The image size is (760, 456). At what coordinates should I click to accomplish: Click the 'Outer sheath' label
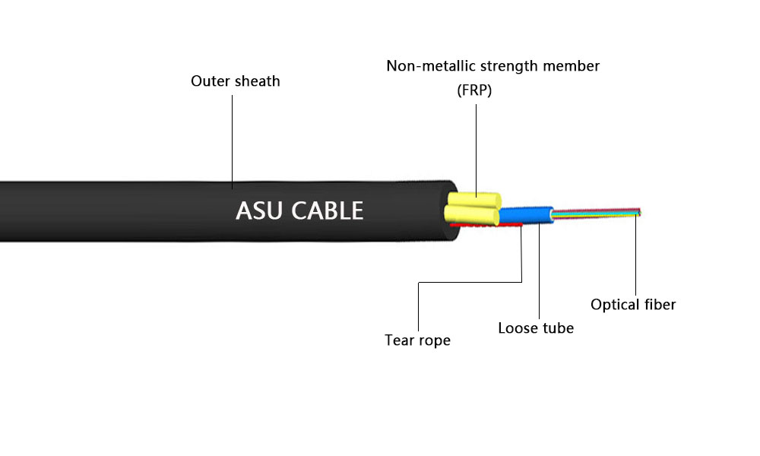click(235, 81)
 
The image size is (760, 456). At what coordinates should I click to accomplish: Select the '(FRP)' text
click(475, 90)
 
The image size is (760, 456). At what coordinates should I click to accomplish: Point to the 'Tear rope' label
click(417, 340)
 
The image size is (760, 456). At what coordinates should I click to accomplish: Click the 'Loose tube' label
click(536, 328)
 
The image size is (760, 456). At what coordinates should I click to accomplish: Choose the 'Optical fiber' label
click(633, 305)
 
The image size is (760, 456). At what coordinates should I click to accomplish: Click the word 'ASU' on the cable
click(263, 211)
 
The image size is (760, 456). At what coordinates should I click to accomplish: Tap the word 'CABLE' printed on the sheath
click(330, 211)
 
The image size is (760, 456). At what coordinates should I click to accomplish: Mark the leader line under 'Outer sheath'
click(233, 137)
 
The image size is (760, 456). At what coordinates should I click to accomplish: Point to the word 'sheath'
click(256, 81)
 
